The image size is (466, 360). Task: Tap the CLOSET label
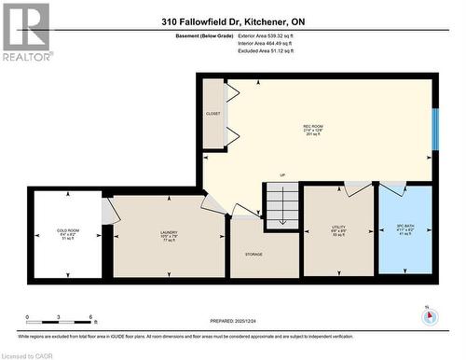pyautogui.click(x=213, y=114)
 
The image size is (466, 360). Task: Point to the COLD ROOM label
pyautogui.click(x=67, y=232)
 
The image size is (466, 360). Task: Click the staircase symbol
pyautogui.click(x=281, y=206)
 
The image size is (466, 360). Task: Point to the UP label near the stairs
pyautogui.click(x=281, y=175)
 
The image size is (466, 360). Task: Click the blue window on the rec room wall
pyautogui.click(x=434, y=128)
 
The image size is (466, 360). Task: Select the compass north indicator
pyautogui.click(x=428, y=314)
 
